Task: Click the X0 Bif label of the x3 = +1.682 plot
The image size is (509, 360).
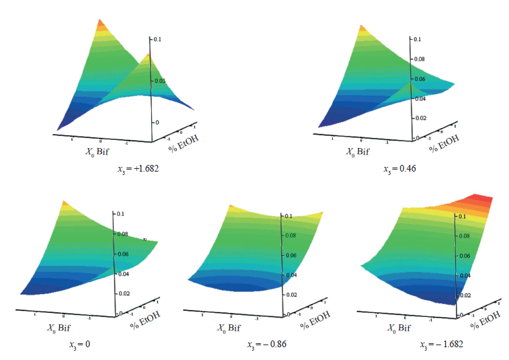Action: point(95,152)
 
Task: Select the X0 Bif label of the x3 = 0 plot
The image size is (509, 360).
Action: point(60,328)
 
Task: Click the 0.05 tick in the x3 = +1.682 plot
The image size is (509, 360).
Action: point(159,81)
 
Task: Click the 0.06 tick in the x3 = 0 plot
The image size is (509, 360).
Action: point(124,255)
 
